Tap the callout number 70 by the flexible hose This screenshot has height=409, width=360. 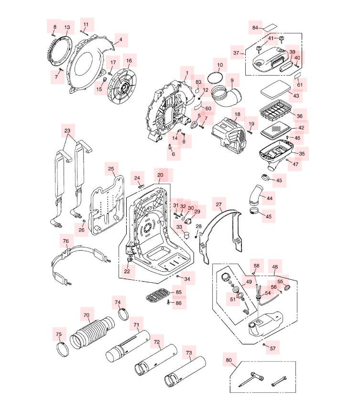click(87, 315)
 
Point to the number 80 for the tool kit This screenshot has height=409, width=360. click(229, 360)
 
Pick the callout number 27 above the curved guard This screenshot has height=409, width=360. click(219, 205)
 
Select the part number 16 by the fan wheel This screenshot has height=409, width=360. click(129, 61)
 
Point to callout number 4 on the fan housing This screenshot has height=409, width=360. click(120, 40)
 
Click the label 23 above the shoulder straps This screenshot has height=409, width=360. click(67, 130)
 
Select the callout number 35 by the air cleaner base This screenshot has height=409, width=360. click(302, 154)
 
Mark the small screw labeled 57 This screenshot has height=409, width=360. click(264, 344)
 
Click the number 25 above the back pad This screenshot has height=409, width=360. click(111, 169)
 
